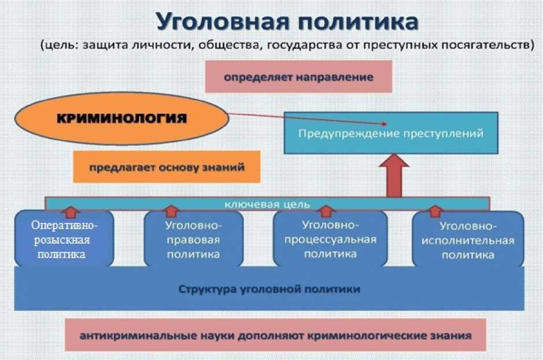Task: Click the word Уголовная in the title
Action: (223, 22)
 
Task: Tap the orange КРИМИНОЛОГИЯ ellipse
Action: (122, 118)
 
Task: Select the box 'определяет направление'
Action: (298, 76)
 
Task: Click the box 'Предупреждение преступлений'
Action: (391, 133)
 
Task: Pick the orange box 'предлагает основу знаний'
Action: (167, 167)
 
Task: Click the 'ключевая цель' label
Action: (267, 204)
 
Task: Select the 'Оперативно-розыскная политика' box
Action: (64, 239)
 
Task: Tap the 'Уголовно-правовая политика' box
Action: (194, 239)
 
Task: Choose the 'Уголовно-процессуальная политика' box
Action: (330, 239)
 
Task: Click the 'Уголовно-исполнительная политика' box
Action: (468, 240)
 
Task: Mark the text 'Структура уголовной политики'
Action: (269, 289)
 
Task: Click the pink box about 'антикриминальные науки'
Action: (276, 335)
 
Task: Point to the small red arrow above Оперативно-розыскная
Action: (71, 212)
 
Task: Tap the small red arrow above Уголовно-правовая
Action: (171, 211)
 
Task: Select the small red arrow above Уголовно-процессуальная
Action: (326, 211)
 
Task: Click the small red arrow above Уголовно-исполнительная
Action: (435, 211)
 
